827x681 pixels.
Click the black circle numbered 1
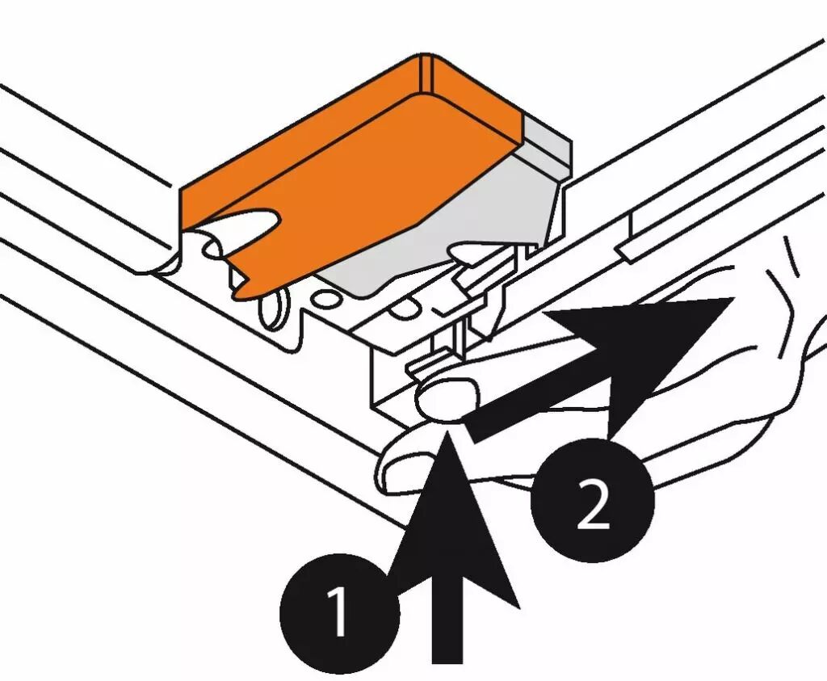tap(339, 613)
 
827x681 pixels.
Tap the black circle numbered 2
tap(592, 500)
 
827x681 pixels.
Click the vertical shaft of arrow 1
tap(447, 617)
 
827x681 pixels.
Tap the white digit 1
tap(338, 613)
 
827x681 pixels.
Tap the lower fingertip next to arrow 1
tap(406, 465)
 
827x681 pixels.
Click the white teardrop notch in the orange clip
tap(248, 225)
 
